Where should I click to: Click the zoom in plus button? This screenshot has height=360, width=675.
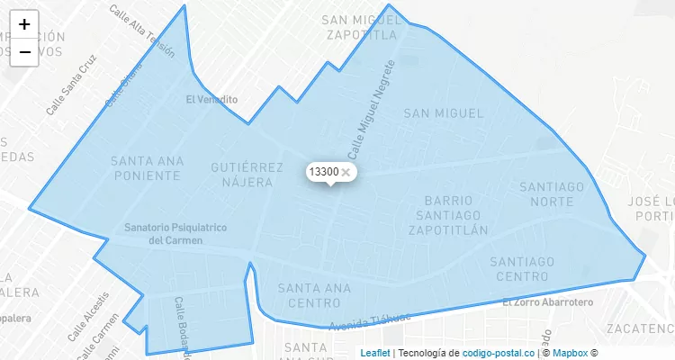tap(24, 24)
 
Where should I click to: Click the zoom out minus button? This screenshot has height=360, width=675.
tap(24, 52)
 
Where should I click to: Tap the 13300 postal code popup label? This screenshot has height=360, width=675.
tap(323, 171)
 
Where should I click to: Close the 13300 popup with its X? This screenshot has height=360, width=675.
tap(346, 172)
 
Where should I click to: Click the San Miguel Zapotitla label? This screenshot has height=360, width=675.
tap(359, 28)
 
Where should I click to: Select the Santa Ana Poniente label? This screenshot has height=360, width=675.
tap(148, 167)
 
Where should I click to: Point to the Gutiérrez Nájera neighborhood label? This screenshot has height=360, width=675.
tap(241, 175)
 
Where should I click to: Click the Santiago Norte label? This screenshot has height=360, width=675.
tap(552, 193)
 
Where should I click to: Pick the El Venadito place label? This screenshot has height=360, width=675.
tap(211, 99)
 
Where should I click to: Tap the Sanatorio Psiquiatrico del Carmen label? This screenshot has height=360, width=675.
tap(175, 234)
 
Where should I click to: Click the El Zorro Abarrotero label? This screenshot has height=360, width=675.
tap(547, 302)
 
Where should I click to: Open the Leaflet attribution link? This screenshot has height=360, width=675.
tap(375, 353)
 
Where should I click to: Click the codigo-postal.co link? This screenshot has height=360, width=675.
tap(499, 353)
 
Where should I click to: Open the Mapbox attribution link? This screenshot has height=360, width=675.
tap(570, 353)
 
